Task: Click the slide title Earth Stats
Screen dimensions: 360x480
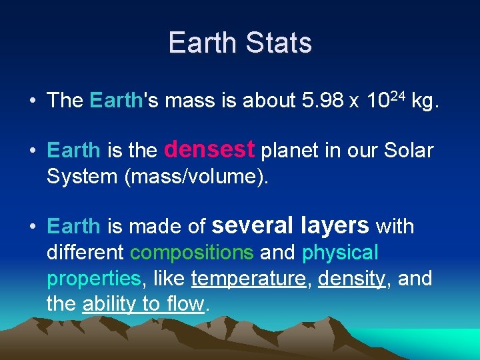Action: pos(240,43)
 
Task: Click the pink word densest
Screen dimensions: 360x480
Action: pos(209,149)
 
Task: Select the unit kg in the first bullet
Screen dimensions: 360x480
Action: pos(424,101)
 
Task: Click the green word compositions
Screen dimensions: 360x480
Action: pos(192,253)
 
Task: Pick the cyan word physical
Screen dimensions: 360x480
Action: pos(340,253)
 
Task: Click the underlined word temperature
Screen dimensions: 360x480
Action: pos(248,279)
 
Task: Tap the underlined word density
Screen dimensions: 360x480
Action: pos(351,279)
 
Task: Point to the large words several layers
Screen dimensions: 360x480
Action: pos(290,225)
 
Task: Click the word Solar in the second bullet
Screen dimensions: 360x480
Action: pos(409,151)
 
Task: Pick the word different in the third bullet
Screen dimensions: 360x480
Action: pos(85,253)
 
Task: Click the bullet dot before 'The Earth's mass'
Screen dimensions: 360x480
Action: pos(32,101)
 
